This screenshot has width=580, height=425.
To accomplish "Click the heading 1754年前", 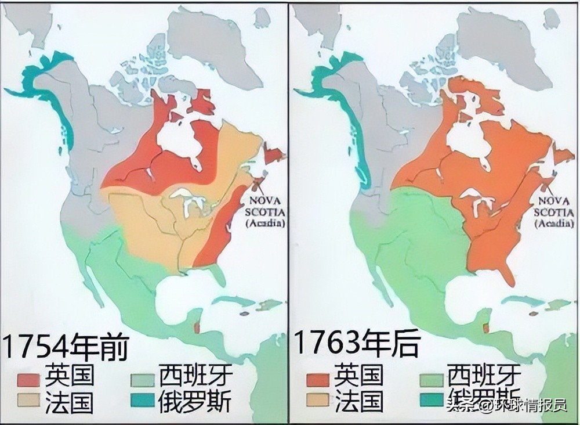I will tap(65, 347).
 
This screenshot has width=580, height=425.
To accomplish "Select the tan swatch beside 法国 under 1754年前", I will tap(28, 401).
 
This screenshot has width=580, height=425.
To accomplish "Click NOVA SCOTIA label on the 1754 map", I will tap(266, 206).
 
